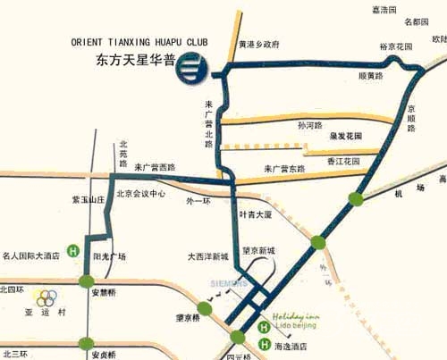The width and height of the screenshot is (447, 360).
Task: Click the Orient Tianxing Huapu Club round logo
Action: coord(191,66)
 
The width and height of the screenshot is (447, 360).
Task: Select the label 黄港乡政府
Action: coord(259,43)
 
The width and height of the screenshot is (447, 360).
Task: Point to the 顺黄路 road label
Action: coord(344,77)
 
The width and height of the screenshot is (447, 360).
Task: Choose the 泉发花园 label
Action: coord(343,137)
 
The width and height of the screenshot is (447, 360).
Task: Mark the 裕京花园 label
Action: coord(395,46)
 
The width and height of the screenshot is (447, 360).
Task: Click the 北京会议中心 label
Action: coord(141,193)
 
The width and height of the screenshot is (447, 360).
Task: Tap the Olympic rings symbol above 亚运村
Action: coord(46,297)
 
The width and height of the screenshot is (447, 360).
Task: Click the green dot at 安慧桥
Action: coord(87,282)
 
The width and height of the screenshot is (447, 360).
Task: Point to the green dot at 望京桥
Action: coord(205,309)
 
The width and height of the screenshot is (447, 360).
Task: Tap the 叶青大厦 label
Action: coord(255,215)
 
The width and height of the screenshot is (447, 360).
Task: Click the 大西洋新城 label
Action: coord(208,256)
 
